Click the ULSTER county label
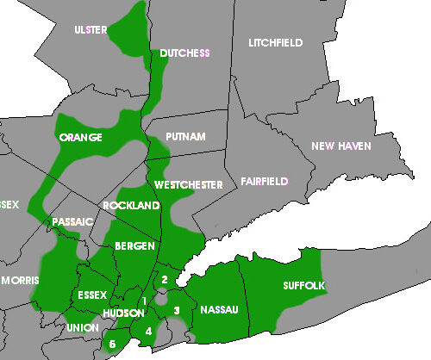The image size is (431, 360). [x=91, y=30]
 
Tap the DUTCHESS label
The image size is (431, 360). [x=184, y=53]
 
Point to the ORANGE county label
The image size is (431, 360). [x=81, y=138]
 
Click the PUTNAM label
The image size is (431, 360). [x=185, y=137]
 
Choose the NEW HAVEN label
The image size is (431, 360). [x=341, y=146]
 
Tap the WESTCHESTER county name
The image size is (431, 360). [x=189, y=185]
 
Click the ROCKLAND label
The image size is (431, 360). [x=131, y=206]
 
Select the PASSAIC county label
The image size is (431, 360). [x=73, y=221]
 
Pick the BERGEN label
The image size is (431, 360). [x=134, y=246]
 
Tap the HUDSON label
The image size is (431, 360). [x=122, y=313]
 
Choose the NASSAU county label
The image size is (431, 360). [x=220, y=308]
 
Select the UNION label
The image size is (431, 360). [x=82, y=328]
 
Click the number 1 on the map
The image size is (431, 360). [x=144, y=300]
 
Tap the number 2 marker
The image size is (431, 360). [x=164, y=279]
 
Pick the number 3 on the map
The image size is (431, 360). [x=176, y=310]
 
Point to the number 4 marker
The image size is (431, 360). [x=148, y=331]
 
